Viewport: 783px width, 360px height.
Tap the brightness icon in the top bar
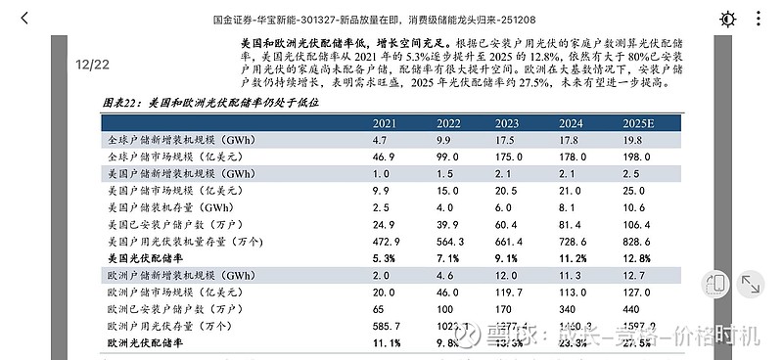pyautogui.click(x=727, y=19)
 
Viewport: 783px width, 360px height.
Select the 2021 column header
pyautogui.click(x=385, y=123)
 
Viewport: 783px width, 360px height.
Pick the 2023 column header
pyautogui.click(x=507, y=123)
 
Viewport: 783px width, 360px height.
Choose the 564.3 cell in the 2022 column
pyautogui.click(x=449, y=242)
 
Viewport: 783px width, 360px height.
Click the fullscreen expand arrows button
pyautogui.click(x=752, y=285)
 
